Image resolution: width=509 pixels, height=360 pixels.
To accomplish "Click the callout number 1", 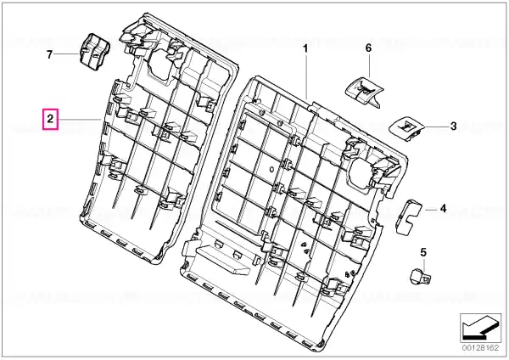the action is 305,48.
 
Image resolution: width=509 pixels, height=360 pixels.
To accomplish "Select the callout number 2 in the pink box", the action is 50,119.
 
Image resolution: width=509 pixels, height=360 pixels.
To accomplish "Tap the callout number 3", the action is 453,126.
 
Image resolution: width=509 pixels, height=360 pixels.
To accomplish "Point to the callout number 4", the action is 444,209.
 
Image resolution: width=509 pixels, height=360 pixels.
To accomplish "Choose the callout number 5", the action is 423,252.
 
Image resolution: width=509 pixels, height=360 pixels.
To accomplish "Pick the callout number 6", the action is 368,48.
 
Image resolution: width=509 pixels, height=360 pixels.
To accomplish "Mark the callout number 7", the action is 49,54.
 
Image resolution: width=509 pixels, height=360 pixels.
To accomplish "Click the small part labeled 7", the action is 94,51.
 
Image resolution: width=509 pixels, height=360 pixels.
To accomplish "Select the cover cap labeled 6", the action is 364,91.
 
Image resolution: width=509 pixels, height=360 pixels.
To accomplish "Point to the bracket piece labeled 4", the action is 408,217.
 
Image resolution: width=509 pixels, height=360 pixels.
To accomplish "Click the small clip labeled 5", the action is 420,276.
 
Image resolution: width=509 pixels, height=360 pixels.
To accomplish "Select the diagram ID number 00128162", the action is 480,348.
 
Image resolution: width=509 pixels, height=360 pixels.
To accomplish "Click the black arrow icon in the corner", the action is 481,328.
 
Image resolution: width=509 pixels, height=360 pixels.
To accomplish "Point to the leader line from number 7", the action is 68,53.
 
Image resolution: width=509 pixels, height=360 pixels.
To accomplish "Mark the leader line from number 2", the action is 79,120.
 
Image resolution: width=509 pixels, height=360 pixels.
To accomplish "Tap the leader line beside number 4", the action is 431,210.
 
